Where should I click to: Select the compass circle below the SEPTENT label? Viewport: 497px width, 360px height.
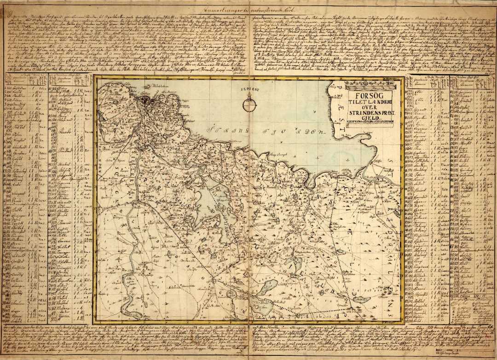(x=249, y=105)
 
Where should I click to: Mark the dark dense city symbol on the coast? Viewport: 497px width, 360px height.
(x=146, y=101)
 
